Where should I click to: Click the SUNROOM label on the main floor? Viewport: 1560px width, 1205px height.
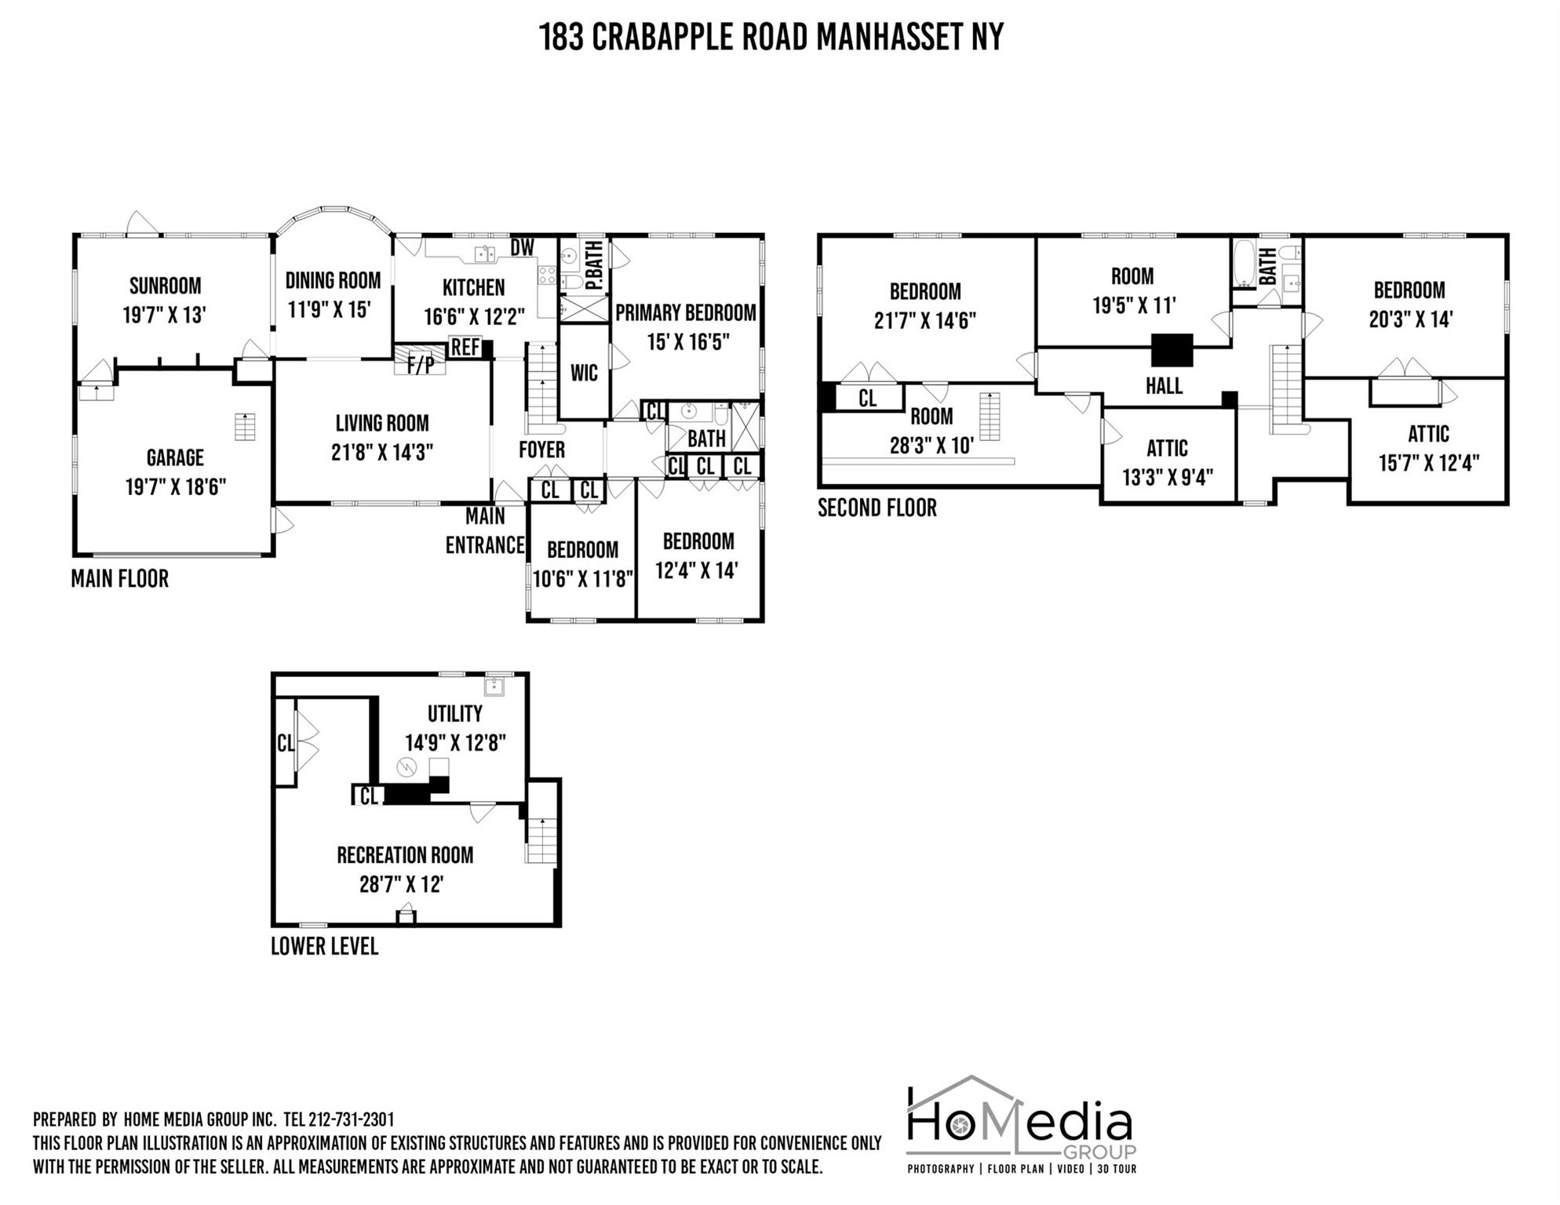click(165, 286)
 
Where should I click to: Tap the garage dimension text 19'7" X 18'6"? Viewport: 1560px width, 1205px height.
click(175, 487)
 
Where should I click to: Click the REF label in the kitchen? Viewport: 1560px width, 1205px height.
click(465, 347)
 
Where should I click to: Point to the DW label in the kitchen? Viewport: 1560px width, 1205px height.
click(523, 248)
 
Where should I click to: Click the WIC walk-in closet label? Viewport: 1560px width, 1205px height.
click(584, 373)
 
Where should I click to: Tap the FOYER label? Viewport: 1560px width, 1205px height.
click(541, 450)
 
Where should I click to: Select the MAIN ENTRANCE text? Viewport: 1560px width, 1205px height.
click(485, 530)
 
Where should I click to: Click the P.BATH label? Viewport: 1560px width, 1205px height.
click(594, 266)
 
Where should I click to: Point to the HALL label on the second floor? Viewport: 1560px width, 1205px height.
click(1164, 386)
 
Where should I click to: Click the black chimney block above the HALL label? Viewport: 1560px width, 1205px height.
click(1172, 350)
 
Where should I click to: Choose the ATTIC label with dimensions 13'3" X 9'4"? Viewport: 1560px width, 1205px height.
click(1167, 448)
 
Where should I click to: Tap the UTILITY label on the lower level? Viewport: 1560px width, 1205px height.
click(454, 714)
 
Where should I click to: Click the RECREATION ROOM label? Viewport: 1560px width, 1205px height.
click(405, 855)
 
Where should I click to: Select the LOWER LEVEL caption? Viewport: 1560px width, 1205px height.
click(324, 946)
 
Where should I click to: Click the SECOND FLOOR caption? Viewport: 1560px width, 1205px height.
click(877, 508)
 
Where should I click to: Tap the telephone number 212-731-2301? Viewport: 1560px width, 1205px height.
click(352, 1119)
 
